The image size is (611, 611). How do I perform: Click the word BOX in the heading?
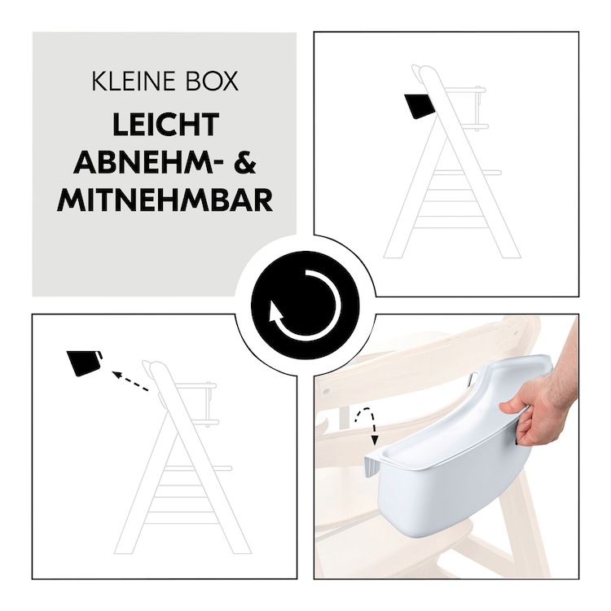coord(213,81)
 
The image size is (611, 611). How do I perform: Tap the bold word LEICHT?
coord(166,125)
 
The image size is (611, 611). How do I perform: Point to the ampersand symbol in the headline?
coord(245,162)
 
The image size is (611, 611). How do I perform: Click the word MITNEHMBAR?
coord(165,200)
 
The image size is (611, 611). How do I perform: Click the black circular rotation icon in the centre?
coord(305,305)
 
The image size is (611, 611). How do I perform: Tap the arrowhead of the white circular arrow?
coord(276,312)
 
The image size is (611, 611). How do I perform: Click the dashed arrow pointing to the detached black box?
coord(130,381)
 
